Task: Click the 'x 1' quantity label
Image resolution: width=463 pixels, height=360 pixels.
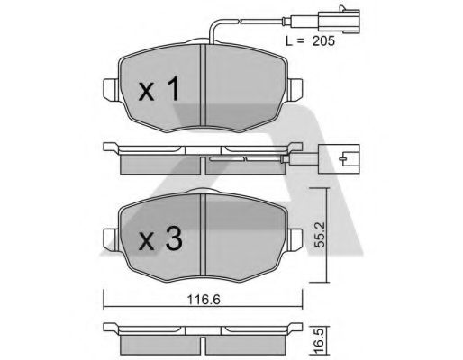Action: click(161, 88)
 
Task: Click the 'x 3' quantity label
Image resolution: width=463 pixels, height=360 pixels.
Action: click(161, 239)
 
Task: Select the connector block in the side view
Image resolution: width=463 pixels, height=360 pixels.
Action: click(344, 162)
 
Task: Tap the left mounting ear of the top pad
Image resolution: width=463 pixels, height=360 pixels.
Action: click(110, 90)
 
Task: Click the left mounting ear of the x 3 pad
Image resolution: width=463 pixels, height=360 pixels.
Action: click(110, 239)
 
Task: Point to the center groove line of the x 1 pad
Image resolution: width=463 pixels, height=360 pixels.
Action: click(204, 85)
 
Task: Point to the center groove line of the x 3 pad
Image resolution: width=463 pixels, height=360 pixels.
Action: click(204, 236)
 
